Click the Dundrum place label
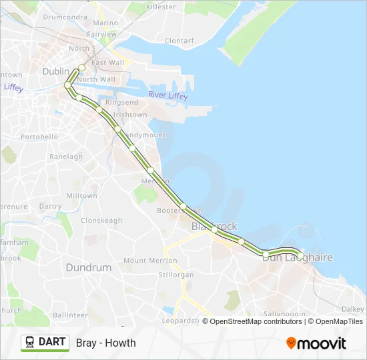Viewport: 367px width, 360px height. tap(88, 267)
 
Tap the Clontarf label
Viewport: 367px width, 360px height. tap(178, 41)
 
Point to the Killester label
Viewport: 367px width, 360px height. tap(161, 7)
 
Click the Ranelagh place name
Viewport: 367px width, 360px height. tap(66, 157)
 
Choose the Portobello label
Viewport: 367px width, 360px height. tap(39, 137)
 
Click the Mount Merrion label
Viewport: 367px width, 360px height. tap(145, 261)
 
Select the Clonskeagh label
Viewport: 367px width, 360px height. tap(101, 220)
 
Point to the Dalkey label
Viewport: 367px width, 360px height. tap(353, 309)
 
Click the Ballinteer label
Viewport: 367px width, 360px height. tap(70, 315)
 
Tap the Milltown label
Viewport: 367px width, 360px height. tap(81, 196)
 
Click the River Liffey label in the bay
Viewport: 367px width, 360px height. tap(167, 95)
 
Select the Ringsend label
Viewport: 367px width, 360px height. tap(121, 103)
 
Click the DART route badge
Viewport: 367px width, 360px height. tap(45, 343)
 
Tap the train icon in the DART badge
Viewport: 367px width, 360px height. tap(30, 343)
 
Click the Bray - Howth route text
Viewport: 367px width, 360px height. tap(106, 343)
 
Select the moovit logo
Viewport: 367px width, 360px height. tap(316, 343)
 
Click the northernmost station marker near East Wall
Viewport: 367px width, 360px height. tap(81, 67)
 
